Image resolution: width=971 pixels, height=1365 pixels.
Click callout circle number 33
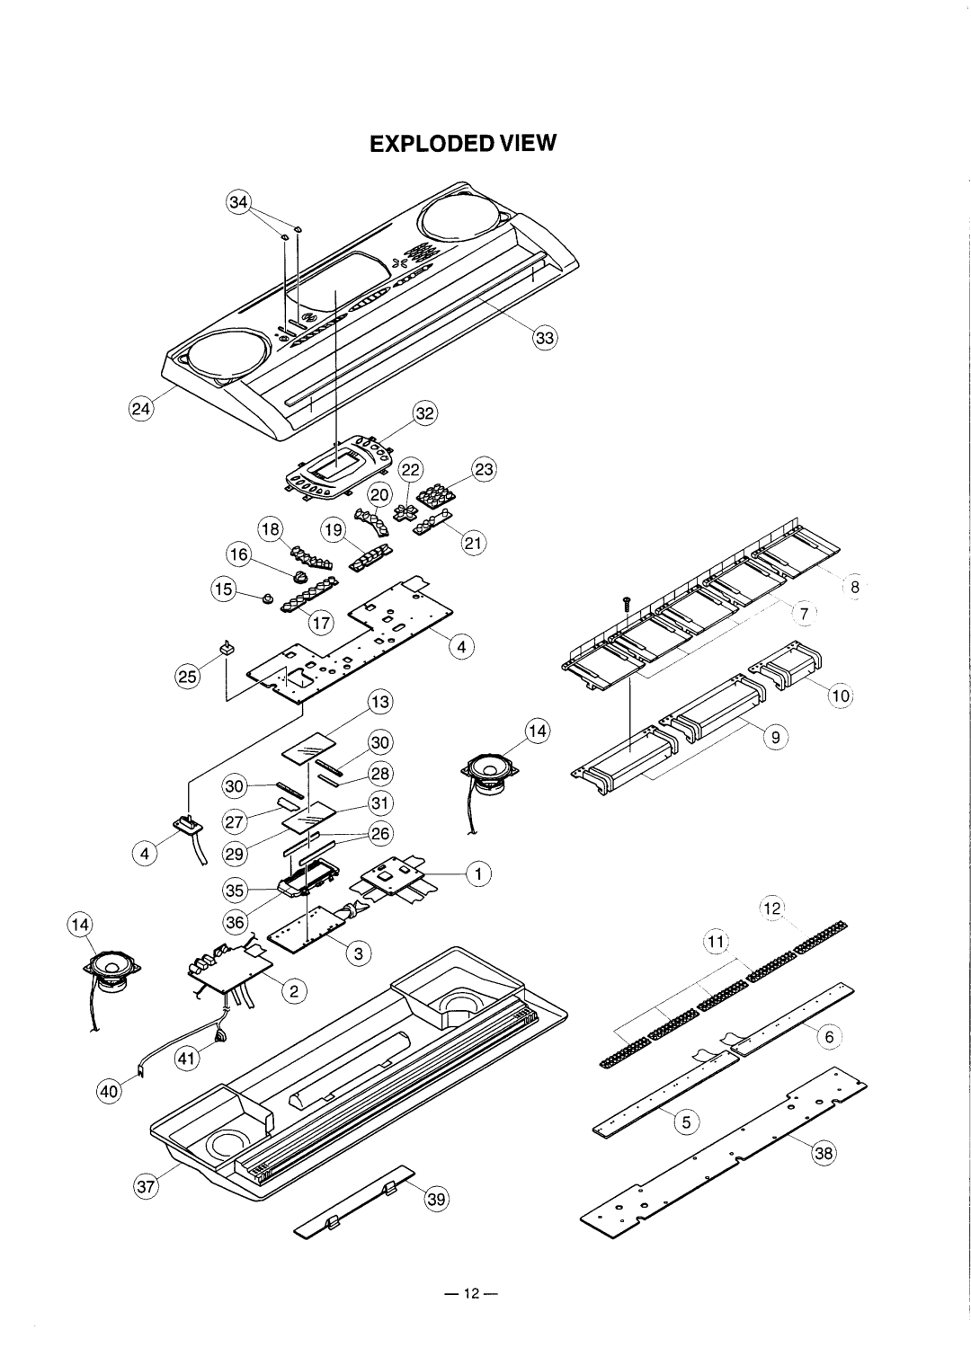click(x=545, y=337)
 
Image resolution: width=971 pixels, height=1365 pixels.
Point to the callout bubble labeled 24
click(x=141, y=408)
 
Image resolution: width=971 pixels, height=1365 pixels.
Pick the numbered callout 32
click(x=425, y=413)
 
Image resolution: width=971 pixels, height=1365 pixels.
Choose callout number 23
click(x=484, y=469)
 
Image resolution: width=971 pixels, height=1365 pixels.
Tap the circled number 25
click(x=188, y=677)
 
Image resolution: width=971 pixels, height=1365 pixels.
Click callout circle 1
click(x=478, y=874)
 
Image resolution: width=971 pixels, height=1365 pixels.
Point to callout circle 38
click(x=824, y=1152)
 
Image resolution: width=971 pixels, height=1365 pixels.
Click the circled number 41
click(x=186, y=1059)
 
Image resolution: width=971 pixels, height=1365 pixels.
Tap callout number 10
click(x=841, y=696)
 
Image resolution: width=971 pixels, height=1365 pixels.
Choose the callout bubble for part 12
click(x=772, y=909)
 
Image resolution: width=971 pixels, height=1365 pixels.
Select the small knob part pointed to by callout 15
click(x=266, y=598)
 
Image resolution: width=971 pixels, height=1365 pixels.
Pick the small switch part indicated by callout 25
click(x=227, y=647)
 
